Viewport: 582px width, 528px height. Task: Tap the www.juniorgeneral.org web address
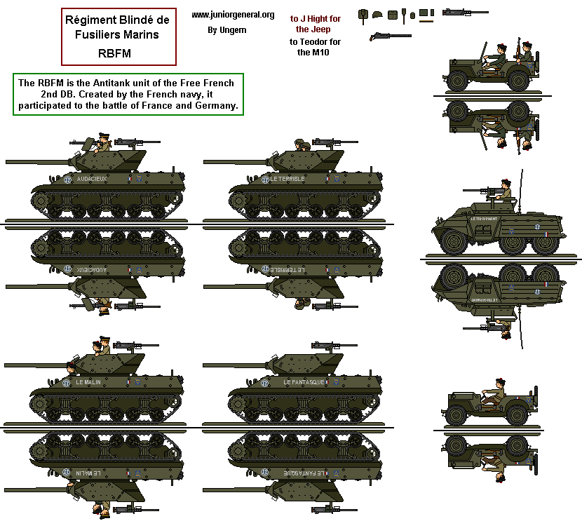click(232, 15)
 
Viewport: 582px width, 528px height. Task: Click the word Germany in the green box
click(219, 106)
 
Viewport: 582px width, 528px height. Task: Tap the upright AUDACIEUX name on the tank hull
click(97, 179)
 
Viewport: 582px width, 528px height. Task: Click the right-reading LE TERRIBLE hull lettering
click(287, 179)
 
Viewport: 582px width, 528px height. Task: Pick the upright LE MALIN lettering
click(90, 382)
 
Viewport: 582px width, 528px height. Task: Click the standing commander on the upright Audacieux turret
click(102, 141)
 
